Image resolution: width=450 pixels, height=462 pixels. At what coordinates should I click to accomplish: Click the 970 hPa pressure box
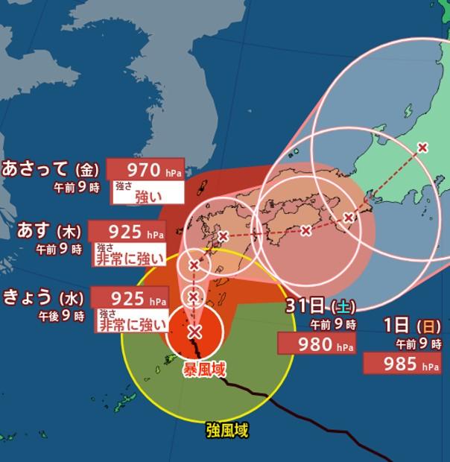[145, 170]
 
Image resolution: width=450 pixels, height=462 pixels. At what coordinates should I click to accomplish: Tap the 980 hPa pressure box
[316, 344]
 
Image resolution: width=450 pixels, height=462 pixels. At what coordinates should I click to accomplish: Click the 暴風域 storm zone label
[204, 369]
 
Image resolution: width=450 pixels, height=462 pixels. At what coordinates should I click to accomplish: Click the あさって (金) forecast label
[51, 168]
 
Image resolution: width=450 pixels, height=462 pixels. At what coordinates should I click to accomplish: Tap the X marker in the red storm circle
[194, 332]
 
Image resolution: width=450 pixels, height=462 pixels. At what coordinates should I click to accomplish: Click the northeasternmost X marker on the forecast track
[422, 147]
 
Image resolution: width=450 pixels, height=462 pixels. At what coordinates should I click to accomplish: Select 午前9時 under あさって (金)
[76, 187]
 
